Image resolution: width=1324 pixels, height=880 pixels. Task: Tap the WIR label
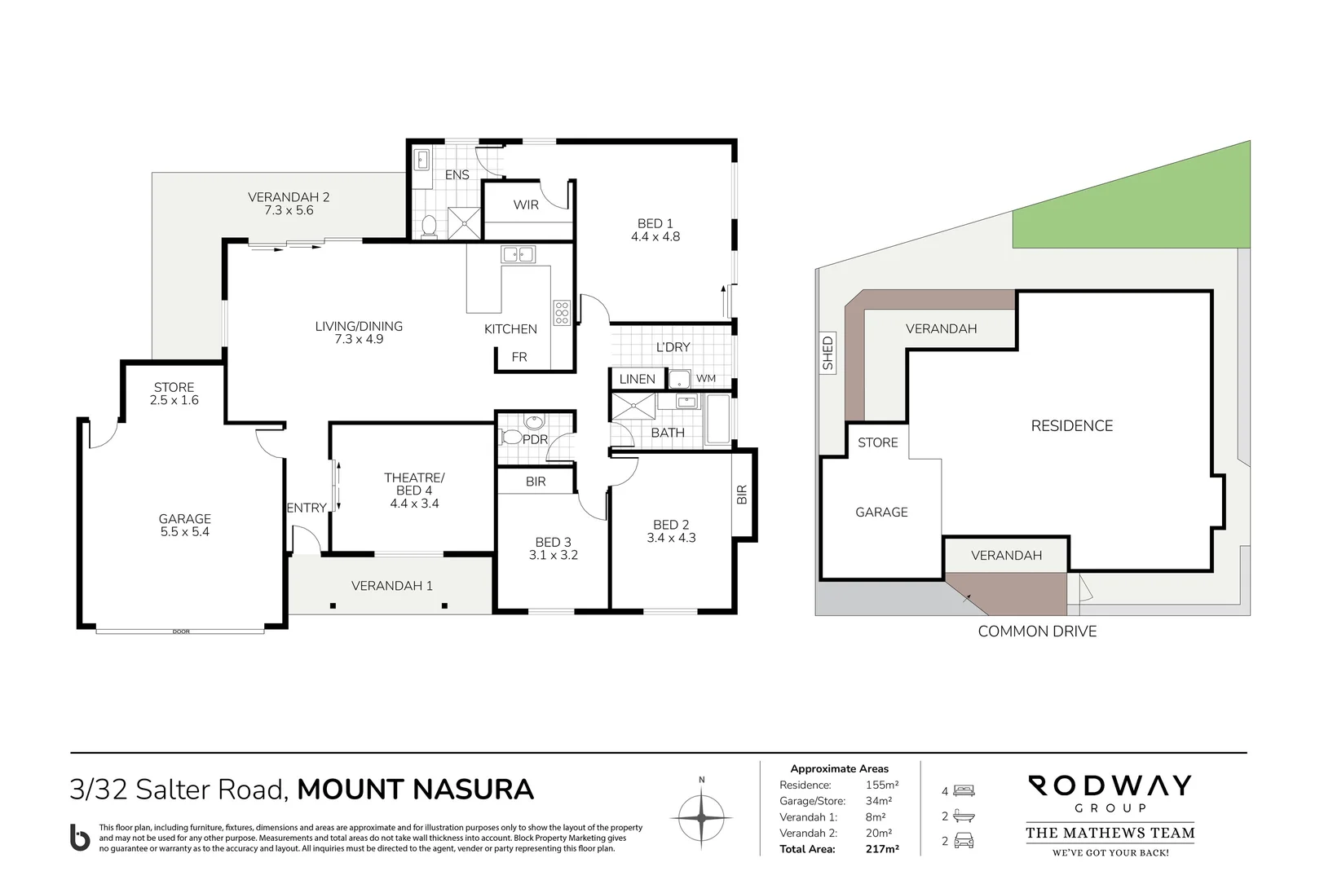tap(526, 205)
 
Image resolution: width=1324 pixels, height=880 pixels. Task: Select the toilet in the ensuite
tap(429, 224)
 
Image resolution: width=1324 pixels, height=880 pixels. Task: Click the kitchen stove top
tap(561, 312)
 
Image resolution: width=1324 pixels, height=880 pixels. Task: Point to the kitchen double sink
tap(518, 254)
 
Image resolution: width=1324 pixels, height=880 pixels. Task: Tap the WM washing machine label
tap(706, 378)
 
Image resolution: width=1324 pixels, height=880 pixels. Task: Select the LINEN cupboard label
tap(637, 379)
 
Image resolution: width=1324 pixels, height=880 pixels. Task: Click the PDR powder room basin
tap(533, 422)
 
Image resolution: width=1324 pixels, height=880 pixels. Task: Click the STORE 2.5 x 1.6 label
tap(174, 394)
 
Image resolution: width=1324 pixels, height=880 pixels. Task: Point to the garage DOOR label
tap(181, 631)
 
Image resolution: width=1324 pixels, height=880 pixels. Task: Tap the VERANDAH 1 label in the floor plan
tap(392, 585)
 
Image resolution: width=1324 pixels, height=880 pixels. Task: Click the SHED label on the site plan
tap(828, 354)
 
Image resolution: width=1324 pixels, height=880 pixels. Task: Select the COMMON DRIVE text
tap(1037, 631)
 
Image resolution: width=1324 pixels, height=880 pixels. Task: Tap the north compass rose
tap(701, 817)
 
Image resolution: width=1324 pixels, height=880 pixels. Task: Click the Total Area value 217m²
tap(881, 849)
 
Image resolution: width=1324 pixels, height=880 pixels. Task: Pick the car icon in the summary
tap(964, 841)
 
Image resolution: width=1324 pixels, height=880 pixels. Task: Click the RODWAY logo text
tap(1109, 786)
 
